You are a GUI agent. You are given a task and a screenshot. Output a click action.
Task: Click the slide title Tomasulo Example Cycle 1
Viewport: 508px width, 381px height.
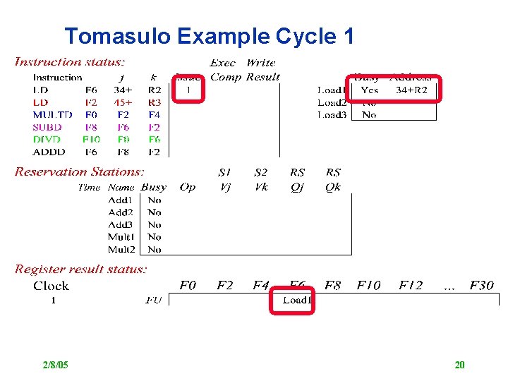coord(209,36)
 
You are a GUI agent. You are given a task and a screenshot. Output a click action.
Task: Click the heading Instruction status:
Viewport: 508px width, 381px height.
coord(70,63)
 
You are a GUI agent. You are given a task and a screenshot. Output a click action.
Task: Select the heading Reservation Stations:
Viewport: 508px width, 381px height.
coord(80,171)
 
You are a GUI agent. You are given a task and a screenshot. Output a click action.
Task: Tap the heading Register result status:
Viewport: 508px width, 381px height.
coord(81,269)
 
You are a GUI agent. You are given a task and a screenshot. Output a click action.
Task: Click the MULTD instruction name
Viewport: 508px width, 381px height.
coord(52,114)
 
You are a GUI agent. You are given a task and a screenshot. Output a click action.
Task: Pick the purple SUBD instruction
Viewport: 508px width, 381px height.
coord(47,127)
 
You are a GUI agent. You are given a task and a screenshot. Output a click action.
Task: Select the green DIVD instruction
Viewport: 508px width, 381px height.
coord(47,139)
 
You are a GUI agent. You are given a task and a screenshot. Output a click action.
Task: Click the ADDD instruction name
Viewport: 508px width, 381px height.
coord(49,152)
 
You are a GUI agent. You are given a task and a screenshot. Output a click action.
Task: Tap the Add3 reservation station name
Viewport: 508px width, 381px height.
coord(121,224)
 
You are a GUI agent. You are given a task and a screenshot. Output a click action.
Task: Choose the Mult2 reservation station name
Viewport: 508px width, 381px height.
coord(121,249)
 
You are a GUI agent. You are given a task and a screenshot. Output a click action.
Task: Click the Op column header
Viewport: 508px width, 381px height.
coord(188,187)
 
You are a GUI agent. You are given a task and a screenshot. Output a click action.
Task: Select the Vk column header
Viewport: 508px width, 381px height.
coord(261,187)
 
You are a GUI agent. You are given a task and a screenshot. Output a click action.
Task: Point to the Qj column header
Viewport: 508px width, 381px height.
coord(297,187)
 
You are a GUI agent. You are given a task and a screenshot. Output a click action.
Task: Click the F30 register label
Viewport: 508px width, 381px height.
coord(480,286)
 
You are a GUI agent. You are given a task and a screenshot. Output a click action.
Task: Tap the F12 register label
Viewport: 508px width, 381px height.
coord(411,286)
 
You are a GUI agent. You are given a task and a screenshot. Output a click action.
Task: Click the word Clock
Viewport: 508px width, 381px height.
coord(51,286)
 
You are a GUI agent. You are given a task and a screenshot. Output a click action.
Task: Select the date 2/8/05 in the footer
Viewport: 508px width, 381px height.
coord(55,365)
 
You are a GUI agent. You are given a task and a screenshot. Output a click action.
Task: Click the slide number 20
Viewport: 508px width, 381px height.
coord(459,365)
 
